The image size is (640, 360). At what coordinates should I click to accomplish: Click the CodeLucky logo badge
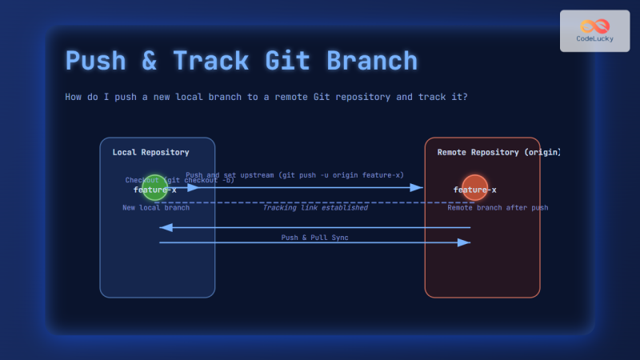point(594,31)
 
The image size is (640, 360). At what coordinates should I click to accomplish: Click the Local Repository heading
point(150,152)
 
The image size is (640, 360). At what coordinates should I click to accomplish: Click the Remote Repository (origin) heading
point(498,152)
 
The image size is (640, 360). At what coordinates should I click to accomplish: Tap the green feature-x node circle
point(155,188)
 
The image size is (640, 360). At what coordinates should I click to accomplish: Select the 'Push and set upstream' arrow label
point(294,175)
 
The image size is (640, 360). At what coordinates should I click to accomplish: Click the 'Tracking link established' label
point(315,208)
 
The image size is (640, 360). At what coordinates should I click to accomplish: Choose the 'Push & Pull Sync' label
point(314,238)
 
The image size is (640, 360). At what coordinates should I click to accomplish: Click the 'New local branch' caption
point(156,208)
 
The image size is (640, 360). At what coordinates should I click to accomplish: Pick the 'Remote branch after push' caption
point(498,208)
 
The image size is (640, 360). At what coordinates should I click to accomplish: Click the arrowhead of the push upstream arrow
point(418,188)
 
